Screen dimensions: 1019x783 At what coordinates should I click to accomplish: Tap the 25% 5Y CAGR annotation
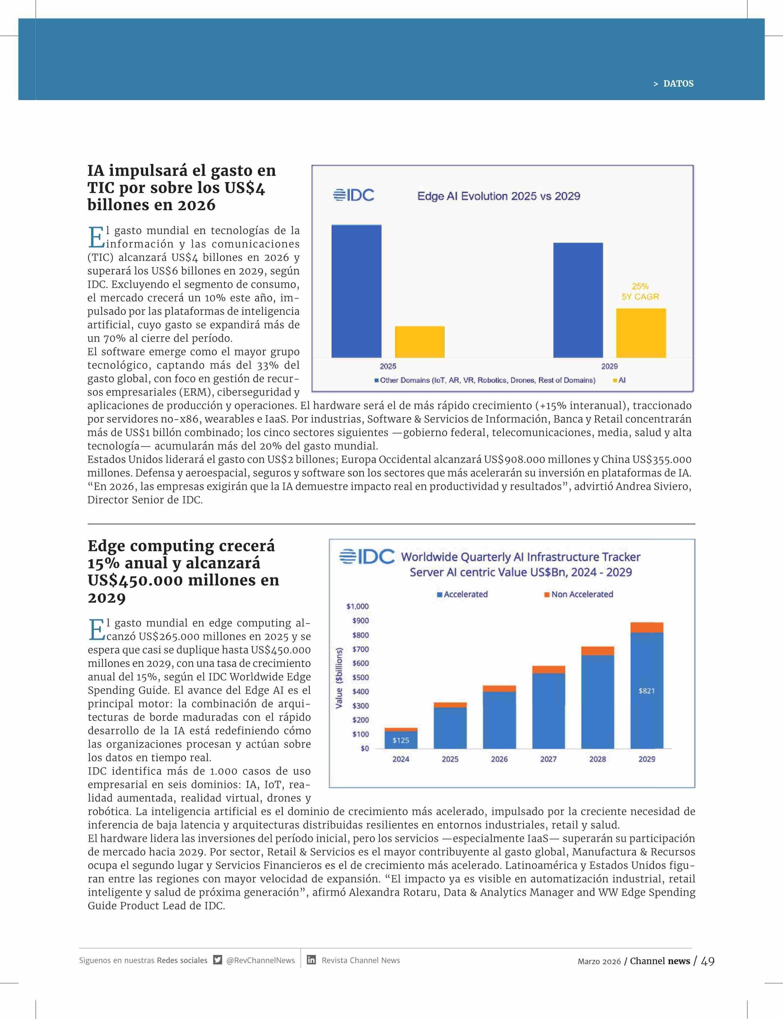click(x=640, y=291)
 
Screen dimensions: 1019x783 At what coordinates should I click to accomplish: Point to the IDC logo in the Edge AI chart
click(x=354, y=195)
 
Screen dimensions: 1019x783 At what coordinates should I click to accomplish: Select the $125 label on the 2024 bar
click(x=401, y=740)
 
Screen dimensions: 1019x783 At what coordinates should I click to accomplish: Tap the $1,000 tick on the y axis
click(x=357, y=606)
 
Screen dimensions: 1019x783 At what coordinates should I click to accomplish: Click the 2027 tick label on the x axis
click(x=548, y=759)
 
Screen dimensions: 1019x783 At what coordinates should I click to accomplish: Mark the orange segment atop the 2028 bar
click(x=598, y=651)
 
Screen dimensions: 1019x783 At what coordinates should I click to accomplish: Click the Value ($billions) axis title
click(x=339, y=678)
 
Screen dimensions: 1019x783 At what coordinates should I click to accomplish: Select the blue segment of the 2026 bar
click(x=499, y=720)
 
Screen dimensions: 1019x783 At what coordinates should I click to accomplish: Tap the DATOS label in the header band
click(x=678, y=84)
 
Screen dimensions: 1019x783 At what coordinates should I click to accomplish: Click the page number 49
click(x=707, y=961)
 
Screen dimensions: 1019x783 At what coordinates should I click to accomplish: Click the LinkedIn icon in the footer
click(x=311, y=960)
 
